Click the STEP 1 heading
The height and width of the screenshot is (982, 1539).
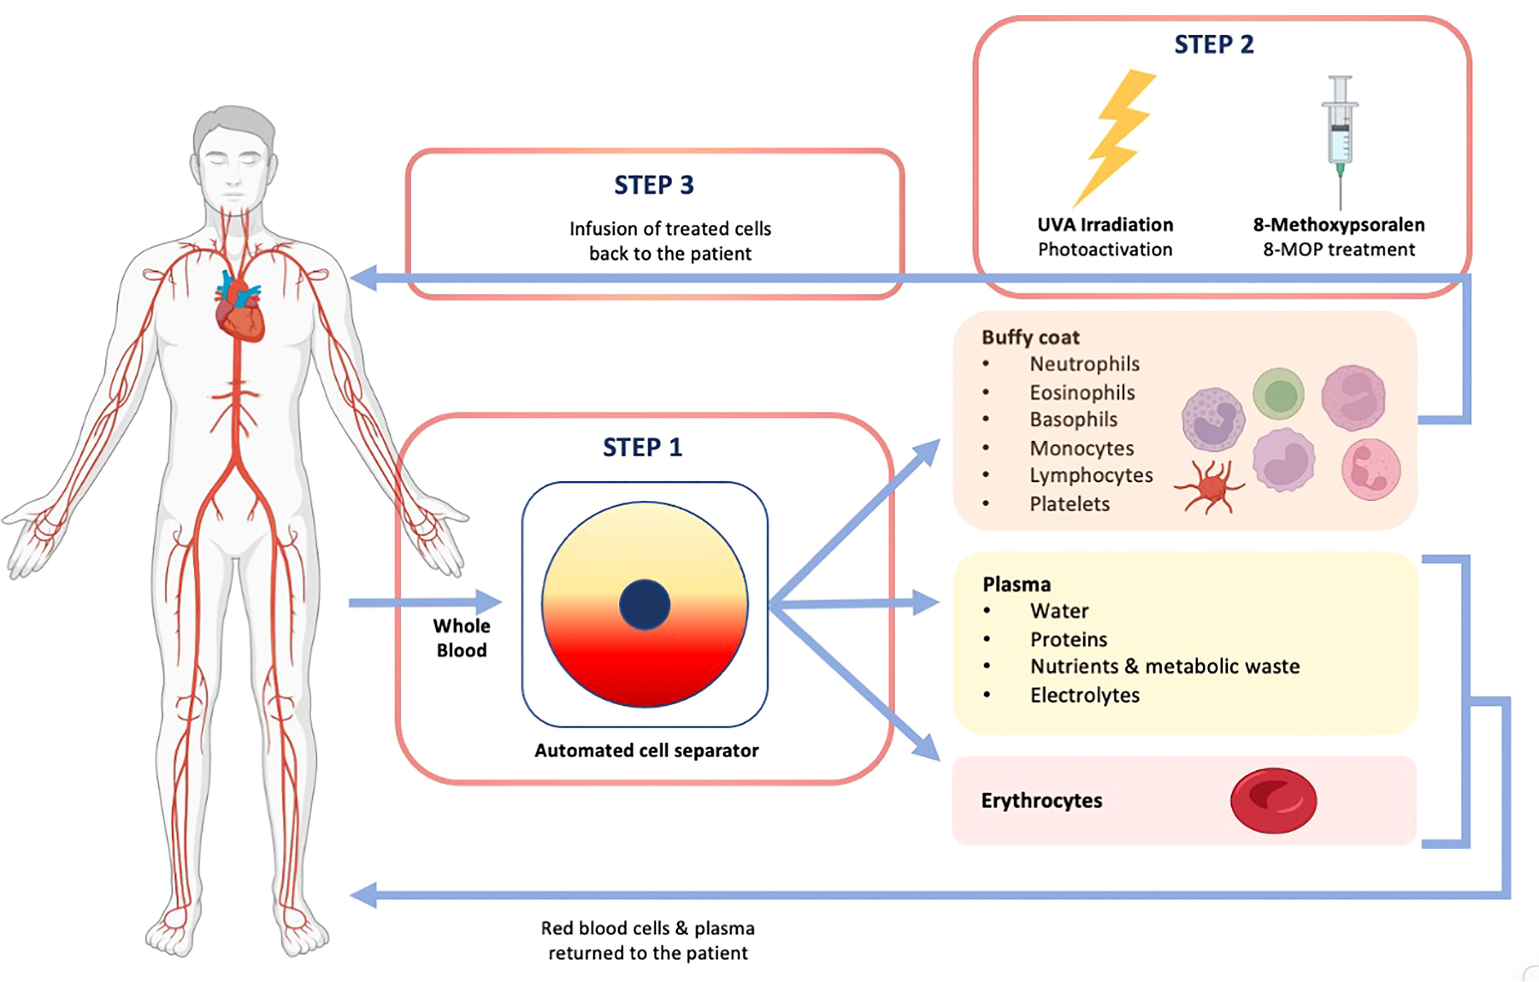click(642, 447)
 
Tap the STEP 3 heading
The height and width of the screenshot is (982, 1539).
click(654, 185)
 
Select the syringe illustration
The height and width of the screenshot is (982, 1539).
click(1340, 137)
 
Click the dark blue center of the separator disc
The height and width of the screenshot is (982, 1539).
click(644, 604)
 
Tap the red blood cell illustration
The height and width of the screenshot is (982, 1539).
click(1273, 800)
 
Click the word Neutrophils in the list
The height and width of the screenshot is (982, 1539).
click(1084, 364)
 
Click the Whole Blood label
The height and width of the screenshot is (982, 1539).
click(461, 638)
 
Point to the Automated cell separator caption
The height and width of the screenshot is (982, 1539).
click(646, 750)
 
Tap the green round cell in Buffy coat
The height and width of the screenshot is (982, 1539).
click(1278, 394)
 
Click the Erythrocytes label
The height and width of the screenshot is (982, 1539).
click(1041, 800)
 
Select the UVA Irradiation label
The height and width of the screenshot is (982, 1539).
click(1105, 225)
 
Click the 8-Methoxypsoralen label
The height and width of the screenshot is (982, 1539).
click(1338, 225)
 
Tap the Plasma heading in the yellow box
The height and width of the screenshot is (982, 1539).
click(1016, 584)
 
